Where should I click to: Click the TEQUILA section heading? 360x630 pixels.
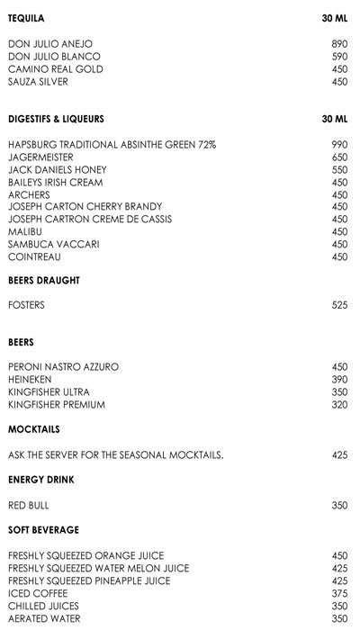26,18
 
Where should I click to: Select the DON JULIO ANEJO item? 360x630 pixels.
50,43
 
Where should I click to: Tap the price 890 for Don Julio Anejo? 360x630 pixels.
339,43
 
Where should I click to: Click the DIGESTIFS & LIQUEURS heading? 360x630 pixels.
56,119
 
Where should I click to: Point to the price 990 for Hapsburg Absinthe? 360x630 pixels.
339,144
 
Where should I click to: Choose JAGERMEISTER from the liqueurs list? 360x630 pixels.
39,157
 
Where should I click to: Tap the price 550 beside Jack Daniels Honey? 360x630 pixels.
339,169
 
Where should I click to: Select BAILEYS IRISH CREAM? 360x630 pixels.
55,182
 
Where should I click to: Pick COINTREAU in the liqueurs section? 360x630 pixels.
32,256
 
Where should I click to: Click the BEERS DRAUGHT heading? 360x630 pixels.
44,281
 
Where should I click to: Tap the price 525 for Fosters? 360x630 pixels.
339,306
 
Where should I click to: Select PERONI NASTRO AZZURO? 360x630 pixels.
63,367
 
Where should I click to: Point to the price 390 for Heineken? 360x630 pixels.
339,380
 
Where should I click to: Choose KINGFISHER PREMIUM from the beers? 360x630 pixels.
57,405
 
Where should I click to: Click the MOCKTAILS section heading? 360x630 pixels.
33,429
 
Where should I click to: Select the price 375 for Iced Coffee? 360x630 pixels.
339,593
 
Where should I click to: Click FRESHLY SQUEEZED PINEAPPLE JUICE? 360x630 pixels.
89,580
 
